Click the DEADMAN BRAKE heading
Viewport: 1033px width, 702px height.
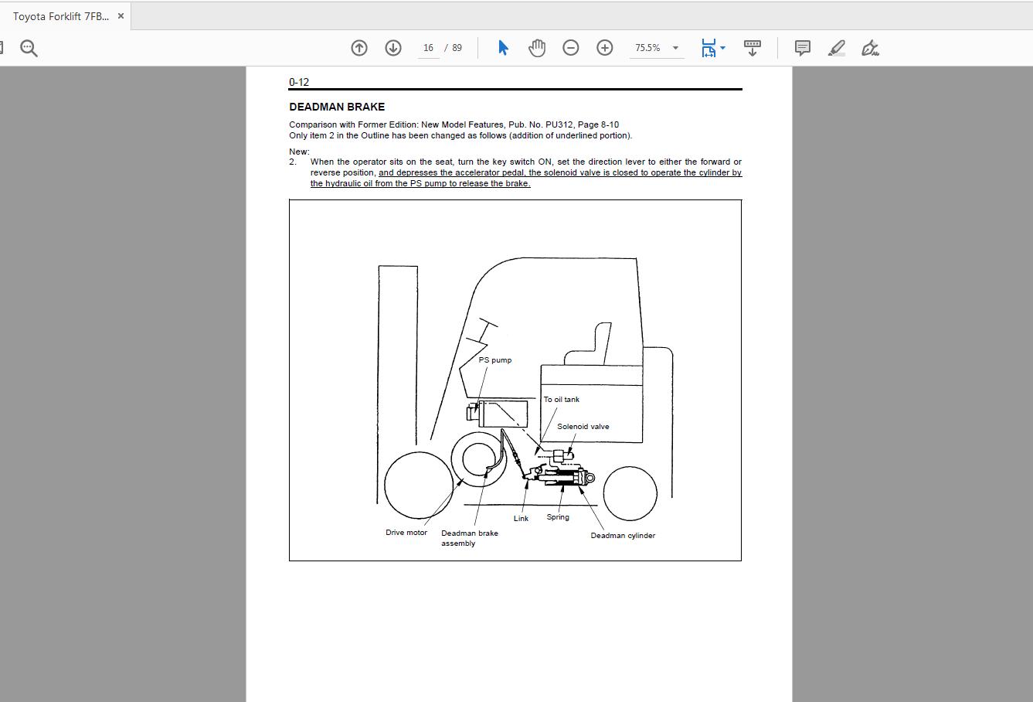pos(337,107)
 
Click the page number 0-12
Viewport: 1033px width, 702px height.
pos(299,82)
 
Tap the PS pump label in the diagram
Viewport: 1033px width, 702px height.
pos(494,360)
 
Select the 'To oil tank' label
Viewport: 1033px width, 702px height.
pos(561,400)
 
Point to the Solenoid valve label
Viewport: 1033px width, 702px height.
pos(583,427)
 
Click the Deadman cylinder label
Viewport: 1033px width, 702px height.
pos(623,536)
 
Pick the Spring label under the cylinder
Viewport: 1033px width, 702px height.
pos(558,517)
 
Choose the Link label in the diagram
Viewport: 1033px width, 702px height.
pos(521,519)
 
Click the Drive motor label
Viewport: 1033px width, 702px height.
pos(406,533)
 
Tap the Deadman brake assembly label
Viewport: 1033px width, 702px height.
pos(469,538)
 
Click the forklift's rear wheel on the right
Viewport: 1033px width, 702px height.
pos(630,492)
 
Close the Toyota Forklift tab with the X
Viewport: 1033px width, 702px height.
pos(121,15)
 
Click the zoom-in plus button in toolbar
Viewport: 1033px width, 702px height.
pos(605,48)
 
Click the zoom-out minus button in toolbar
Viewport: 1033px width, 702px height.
pos(571,48)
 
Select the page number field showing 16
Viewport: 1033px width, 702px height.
pos(428,48)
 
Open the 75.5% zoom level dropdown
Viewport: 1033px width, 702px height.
pos(675,48)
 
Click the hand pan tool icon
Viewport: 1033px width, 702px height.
pos(537,48)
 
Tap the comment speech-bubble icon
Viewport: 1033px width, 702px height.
pos(803,48)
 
